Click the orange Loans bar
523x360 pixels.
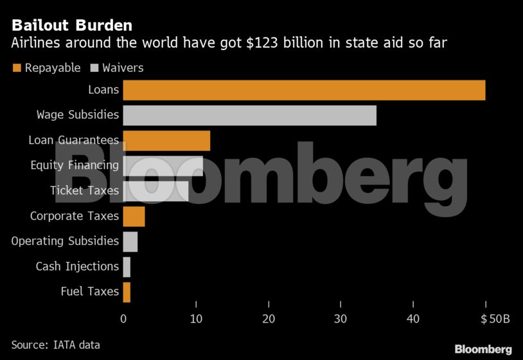point(304,90)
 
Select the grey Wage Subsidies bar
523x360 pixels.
point(249,115)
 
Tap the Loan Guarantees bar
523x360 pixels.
point(166,140)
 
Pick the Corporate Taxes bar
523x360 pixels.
point(134,217)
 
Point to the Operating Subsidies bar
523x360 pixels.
point(130,242)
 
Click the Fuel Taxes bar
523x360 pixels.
point(127,292)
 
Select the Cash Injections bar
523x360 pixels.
point(127,267)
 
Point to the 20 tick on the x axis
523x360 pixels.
point(269,318)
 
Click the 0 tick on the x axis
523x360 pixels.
point(123,318)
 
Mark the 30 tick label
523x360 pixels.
point(341,318)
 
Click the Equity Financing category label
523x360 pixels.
point(75,165)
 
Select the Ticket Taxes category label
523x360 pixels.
point(84,191)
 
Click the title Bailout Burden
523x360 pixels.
point(71,26)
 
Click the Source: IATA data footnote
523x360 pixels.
point(55,345)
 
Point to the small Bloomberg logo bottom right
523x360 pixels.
point(483,349)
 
